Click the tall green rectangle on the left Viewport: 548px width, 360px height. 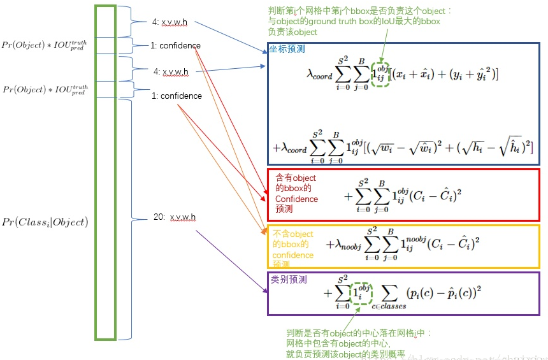click(x=105, y=172)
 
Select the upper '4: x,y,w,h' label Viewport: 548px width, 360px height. click(x=170, y=22)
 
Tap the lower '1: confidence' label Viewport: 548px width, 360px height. click(x=177, y=96)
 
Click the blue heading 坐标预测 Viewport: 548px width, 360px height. click(x=287, y=48)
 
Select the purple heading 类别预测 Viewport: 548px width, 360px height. click(x=289, y=280)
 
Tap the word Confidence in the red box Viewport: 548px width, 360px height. click(x=296, y=199)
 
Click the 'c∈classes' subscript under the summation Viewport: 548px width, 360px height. click(x=389, y=306)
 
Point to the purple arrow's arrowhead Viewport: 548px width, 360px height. click(x=265, y=291)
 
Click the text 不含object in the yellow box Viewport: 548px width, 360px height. click(x=293, y=234)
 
